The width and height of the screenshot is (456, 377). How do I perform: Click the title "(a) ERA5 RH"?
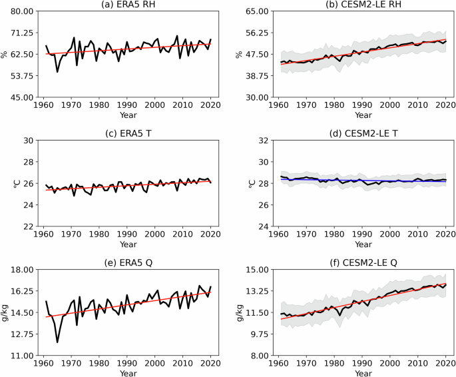click(126, 5)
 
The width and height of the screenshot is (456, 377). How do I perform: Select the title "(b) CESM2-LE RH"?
click(361, 5)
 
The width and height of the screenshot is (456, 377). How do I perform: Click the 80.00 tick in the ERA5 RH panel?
click(23, 11)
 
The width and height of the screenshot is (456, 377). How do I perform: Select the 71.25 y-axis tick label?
click(23, 33)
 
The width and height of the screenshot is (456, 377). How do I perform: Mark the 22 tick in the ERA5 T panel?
click(29, 226)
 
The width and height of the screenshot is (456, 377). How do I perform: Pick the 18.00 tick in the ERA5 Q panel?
click(23, 270)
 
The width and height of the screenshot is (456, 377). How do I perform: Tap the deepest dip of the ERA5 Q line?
click(57, 342)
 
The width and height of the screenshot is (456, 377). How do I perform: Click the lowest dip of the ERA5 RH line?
click(57, 71)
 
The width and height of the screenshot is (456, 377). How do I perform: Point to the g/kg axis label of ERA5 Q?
click(6, 312)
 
